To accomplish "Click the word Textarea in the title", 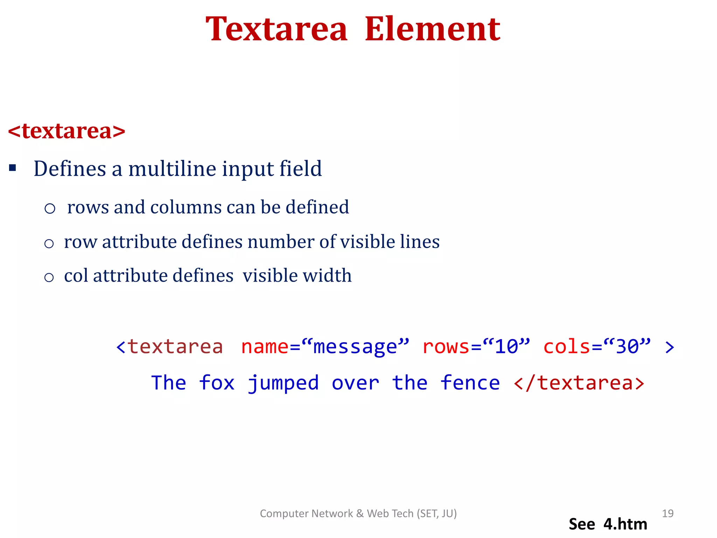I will tap(277, 29).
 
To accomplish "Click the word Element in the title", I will tap(432, 29).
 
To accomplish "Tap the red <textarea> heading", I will tap(67, 131).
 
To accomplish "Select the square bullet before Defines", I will tap(13, 168).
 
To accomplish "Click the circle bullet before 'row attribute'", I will tap(49, 243).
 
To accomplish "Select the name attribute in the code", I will tap(265, 347).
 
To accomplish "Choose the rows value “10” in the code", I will tap(506, 347).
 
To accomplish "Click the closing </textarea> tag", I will tap(579, 383).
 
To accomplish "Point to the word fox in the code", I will tap(217, 383).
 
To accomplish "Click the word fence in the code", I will tap(470, 383).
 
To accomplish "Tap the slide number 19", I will tap(668, 513).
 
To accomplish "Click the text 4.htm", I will tap(625, 524).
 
